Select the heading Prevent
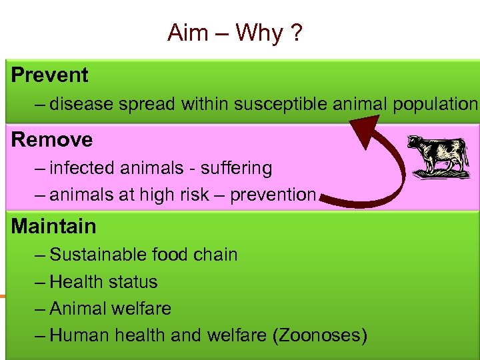[49, 75]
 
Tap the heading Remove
[52, 139]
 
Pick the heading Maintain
[53, 226]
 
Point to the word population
[435, 105]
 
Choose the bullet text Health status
[103, 282]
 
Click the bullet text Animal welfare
[110, 309]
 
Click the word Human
[79, 335]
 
